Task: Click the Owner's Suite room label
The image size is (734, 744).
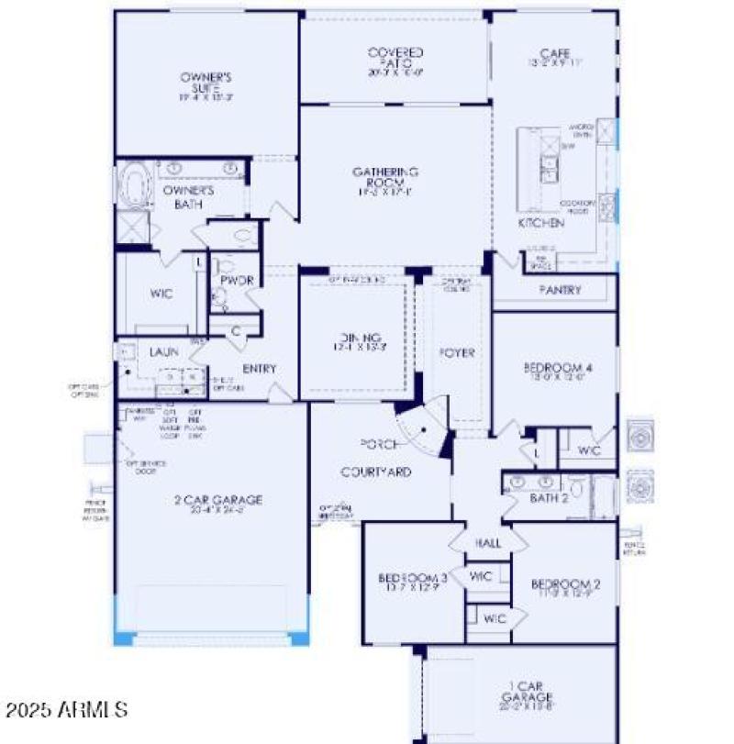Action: click(205, 83)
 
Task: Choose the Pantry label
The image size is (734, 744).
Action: click(560, 290)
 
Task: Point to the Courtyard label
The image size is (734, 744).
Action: click(376, 472)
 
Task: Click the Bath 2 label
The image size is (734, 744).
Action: click(550, 498)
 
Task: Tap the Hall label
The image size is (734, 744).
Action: click(488, 543)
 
